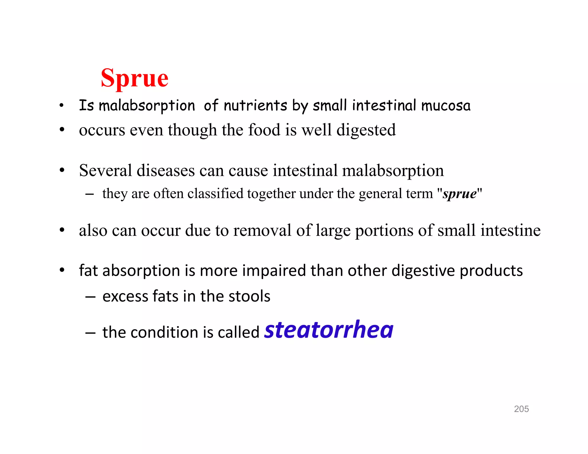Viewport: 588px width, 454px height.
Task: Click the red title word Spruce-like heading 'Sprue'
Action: point(134,78)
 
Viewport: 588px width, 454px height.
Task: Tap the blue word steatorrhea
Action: point(329,330)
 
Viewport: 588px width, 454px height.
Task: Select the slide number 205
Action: point(521,409)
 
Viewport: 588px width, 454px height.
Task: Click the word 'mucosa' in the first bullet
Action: point(446,106)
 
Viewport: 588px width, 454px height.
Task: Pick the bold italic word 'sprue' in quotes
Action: point(459,193)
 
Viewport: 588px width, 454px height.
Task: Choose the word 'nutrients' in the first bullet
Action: point(255,106)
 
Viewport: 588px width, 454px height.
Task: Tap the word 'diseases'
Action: point(166,170)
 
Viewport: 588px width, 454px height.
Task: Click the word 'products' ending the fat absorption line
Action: point(491,271)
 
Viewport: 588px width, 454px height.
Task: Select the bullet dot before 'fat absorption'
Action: point(62,270)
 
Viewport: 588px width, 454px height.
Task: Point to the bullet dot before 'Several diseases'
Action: point(62,170)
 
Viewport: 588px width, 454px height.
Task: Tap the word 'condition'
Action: point(164,333)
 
